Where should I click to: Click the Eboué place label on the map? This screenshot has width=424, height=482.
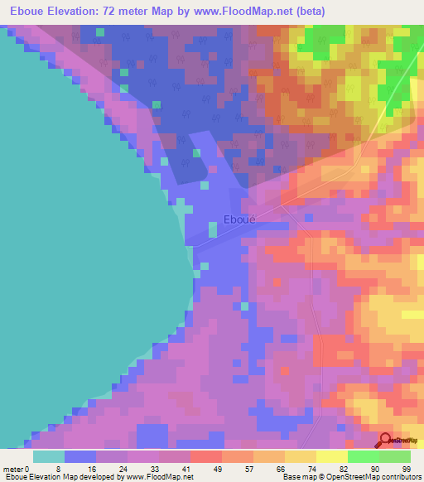click(x=240, y=220)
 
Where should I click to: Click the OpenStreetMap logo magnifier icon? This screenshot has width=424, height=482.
click(x=386, y=441)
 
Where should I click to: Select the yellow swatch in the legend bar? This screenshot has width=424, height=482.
click(x=331, y=456)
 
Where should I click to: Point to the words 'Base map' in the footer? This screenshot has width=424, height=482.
click(x=296, y=477)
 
